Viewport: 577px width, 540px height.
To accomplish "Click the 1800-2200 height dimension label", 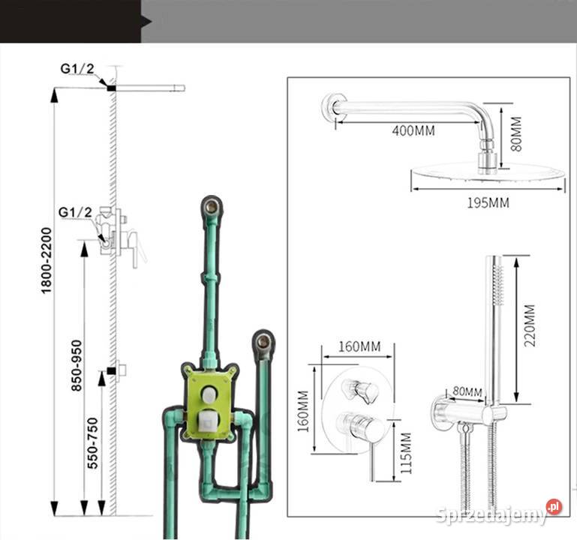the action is point(47,260).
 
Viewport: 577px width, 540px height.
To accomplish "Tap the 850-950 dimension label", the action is point(77,365).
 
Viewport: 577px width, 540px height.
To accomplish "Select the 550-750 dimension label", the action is point(93,443).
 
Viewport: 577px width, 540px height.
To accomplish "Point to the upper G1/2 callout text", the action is point(77,68).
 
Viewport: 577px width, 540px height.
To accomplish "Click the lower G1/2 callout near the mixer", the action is point(75,212).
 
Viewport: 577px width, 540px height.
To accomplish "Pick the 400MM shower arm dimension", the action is point(413,130).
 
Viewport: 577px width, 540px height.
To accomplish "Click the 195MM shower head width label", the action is point(488,202).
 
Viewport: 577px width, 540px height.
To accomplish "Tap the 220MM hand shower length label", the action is point(530,325).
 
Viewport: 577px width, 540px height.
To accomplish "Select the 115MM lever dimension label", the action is point(405,453).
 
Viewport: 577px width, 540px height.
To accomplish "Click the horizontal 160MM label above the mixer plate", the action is point(359,346).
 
